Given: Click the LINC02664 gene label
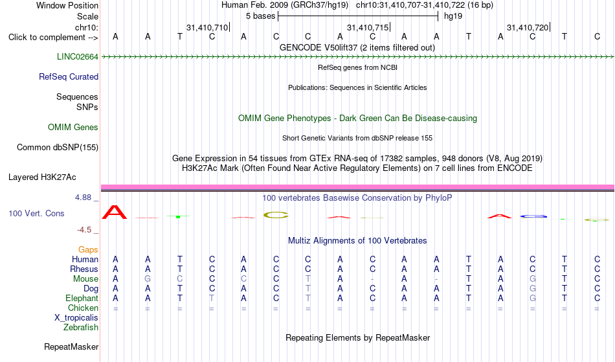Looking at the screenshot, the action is [x=78, y=57].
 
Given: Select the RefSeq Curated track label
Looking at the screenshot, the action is [x=69, y=77].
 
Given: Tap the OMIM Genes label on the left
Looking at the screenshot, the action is [x=73, y=128].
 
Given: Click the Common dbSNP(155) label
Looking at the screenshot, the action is [x=58, y=148].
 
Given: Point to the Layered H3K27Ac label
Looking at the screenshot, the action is [x=42, y=177].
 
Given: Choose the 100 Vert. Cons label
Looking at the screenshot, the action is [x=36, y=213].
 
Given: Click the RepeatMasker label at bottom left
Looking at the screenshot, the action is [x=71, y=346].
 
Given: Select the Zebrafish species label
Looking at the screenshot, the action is [x=81, y=327].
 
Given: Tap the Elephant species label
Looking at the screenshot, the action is [x=82, y=298].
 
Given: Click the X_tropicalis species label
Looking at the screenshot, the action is [x=76, y=318].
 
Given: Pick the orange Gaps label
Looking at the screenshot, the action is [x=88, y=250].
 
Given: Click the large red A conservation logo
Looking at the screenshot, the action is [x=115, y=212].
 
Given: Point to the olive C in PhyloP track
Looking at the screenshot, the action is [x=276, y=215].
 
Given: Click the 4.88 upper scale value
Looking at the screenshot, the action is [x=83, y=198].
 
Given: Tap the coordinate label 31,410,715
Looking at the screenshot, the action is [x=368, y=28].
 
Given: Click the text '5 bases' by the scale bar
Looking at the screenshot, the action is [x=261, y=16].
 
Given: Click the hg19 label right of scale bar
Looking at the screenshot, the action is [x=453, y=16].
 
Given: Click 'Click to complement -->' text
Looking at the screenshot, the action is [x=53, y=38].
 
